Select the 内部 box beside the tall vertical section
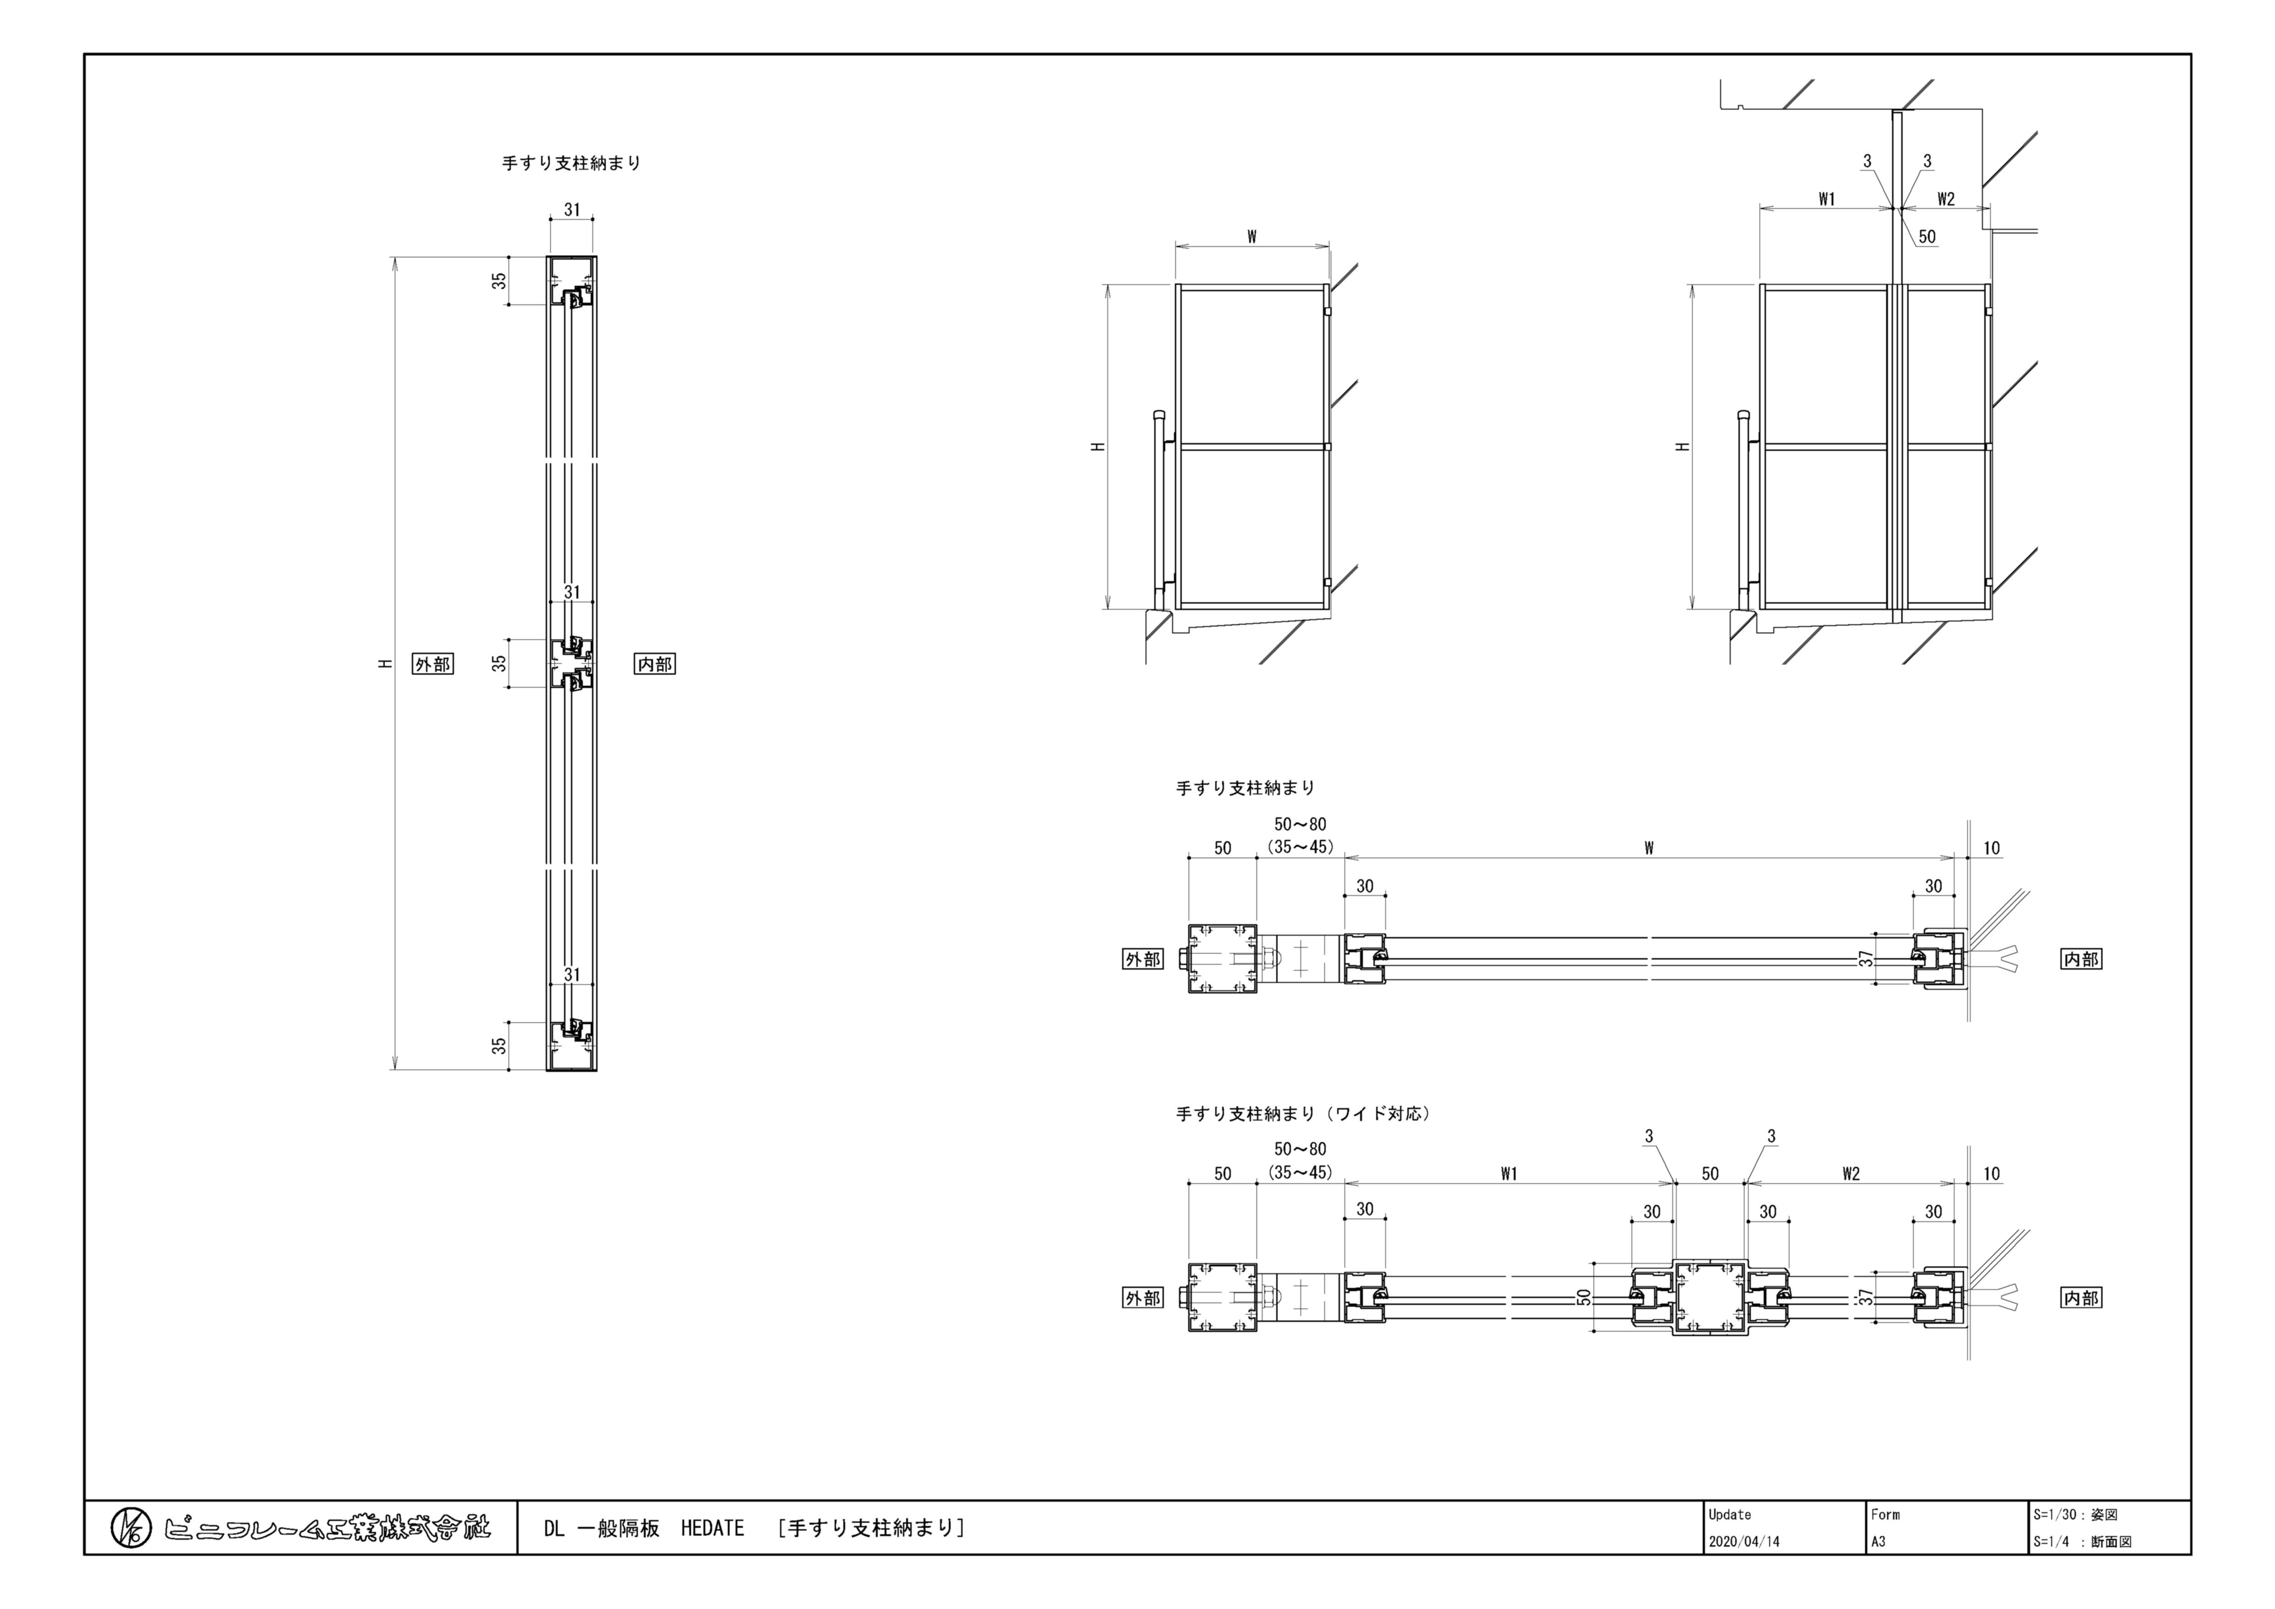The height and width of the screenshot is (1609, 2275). (x=654, y=664)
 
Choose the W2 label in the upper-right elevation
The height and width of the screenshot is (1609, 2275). (x=1946, y=199)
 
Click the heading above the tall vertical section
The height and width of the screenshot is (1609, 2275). (x=572, y=163)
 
